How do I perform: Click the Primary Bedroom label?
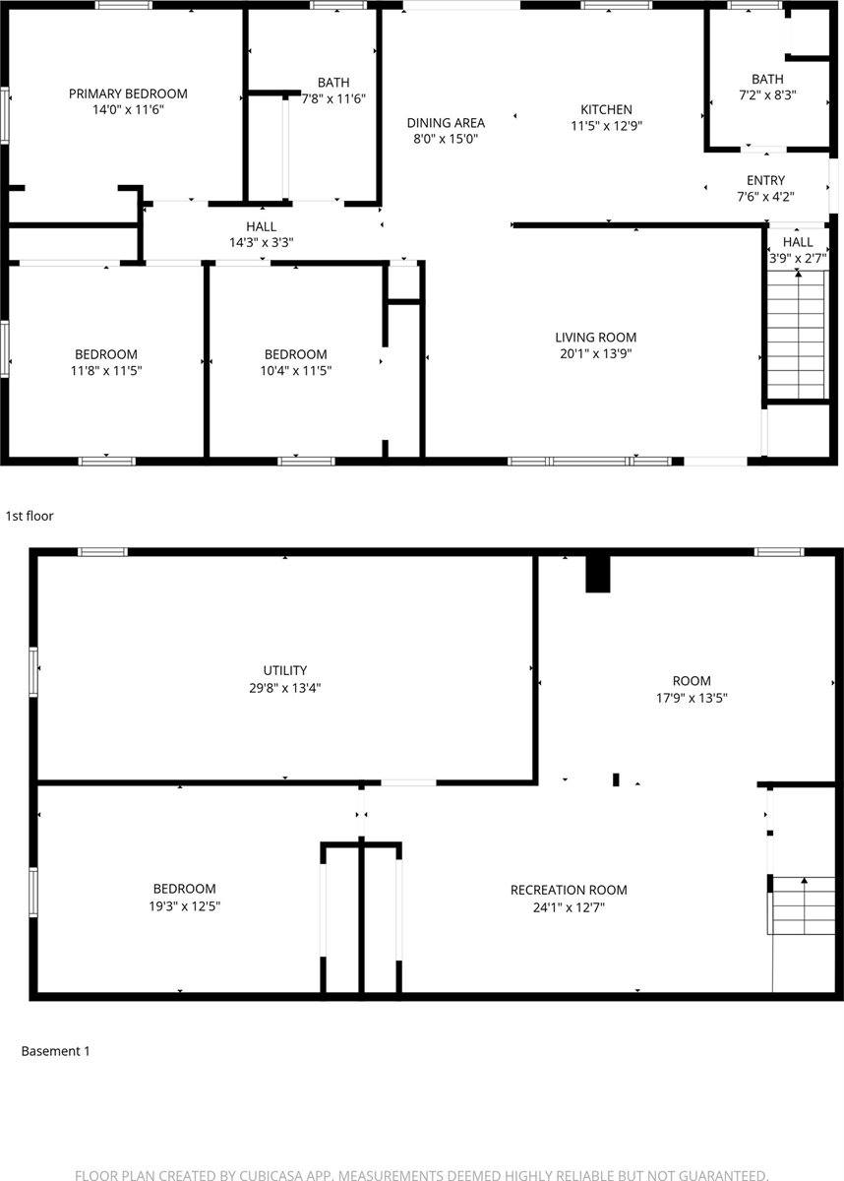(128, 94)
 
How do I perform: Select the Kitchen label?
(606, 109)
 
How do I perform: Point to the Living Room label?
(596, 338)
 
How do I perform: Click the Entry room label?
(765, 180)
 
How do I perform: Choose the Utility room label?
(285, 671)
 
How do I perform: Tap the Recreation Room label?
(569, 890)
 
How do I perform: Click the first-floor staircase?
(796, 335)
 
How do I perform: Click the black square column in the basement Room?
(598, 574)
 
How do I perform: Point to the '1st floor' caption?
(30, 515)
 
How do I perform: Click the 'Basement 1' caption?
(56, 1051)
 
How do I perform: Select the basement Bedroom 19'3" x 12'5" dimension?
(184, 906)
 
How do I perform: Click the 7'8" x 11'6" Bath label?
(333, 98)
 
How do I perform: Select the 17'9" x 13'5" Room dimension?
(692, 697)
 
